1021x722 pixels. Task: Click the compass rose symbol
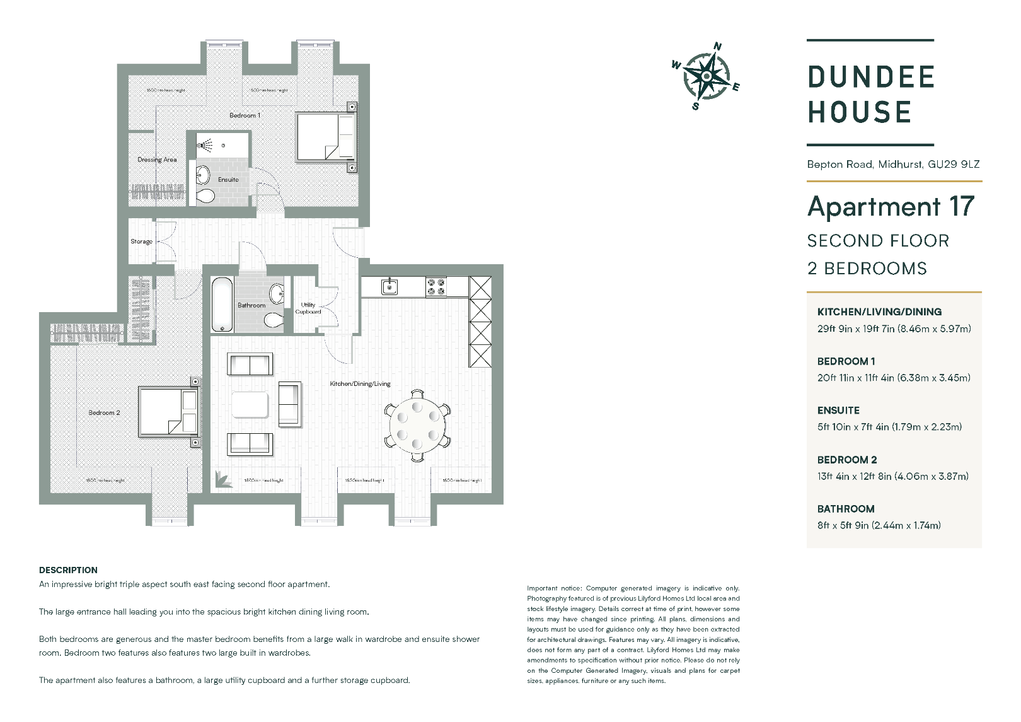point(707,76)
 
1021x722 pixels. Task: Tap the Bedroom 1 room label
point(245,115)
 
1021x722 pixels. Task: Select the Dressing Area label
point(157,160)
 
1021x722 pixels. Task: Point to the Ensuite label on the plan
point(228,180)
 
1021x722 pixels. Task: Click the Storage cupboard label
point(141,242)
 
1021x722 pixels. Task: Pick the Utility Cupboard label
point(308,308)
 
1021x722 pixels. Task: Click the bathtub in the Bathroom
point(222,305)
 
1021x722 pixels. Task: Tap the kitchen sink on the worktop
point(389,287)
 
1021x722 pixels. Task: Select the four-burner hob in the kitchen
point(436,287)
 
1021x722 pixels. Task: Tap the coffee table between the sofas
point(250,405)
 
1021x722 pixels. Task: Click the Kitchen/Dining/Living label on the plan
point(360,383)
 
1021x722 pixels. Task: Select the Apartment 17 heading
point(891,207)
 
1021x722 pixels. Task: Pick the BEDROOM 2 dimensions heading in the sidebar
point(846,460)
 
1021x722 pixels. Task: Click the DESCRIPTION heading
point(68,570)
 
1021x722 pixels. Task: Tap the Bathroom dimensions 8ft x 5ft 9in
point(879,525)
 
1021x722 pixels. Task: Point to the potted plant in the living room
point(222,479)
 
